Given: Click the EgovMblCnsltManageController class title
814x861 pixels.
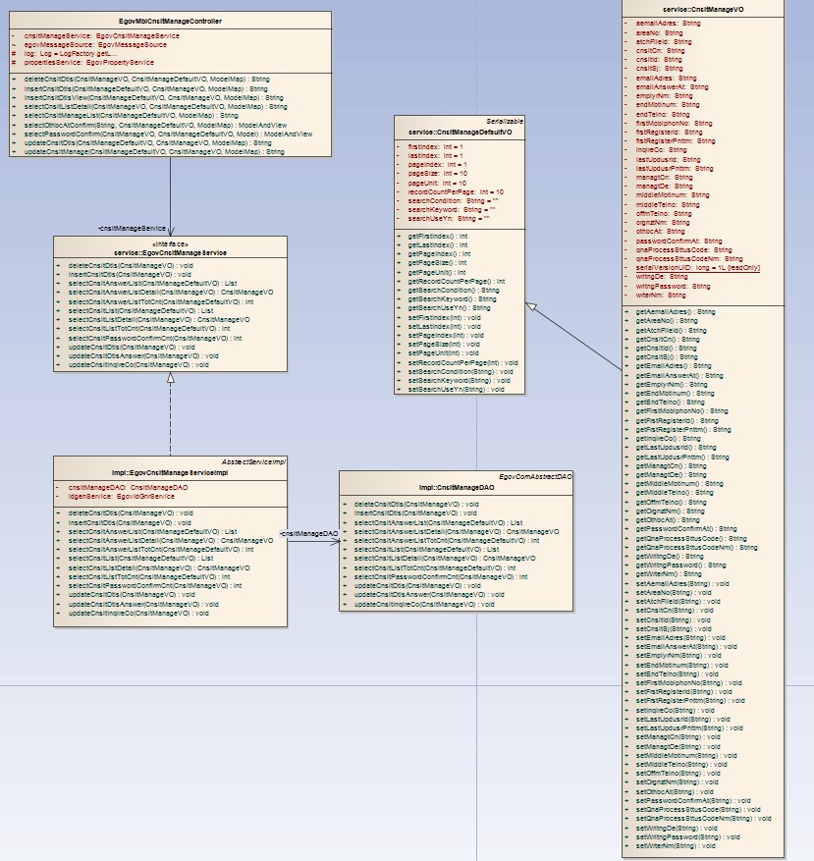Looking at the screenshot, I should (171, 20).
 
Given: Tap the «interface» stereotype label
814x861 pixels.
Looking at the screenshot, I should (170, 243).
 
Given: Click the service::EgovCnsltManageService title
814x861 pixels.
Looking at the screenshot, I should (170, 252).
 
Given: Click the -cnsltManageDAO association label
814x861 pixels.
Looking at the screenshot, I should (309, 533).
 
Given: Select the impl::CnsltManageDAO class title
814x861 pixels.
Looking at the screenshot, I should (456, 487).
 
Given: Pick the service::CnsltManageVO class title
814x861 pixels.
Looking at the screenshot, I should (704, 8).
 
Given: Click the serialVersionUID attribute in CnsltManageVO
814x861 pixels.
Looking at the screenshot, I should (697, 267).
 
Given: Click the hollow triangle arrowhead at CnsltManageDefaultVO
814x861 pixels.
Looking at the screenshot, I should (531, 308).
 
